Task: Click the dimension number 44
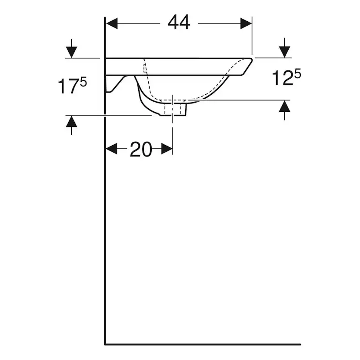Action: pyautogui.click(x=179, y=23)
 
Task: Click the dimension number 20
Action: pyautogui.click(x=141, y=149)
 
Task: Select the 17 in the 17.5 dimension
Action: pyautogui.click(x=67, y=87)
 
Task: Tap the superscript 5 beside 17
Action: pyautogui.click(x=83, y=82)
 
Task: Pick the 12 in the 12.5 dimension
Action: pyautogui.click(x=283, y=78)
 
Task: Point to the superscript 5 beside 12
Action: pyautogui.click(x=297, y=74)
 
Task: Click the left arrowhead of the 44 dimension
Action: pyautogui.click(x=112, y=23)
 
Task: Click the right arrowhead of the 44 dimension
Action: pyautogui.click(x=246, y=23)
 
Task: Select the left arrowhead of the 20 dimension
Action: pyautogui.click(x=111, y=149)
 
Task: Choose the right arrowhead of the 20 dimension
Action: pyautogui.click(x=167, y=149)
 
